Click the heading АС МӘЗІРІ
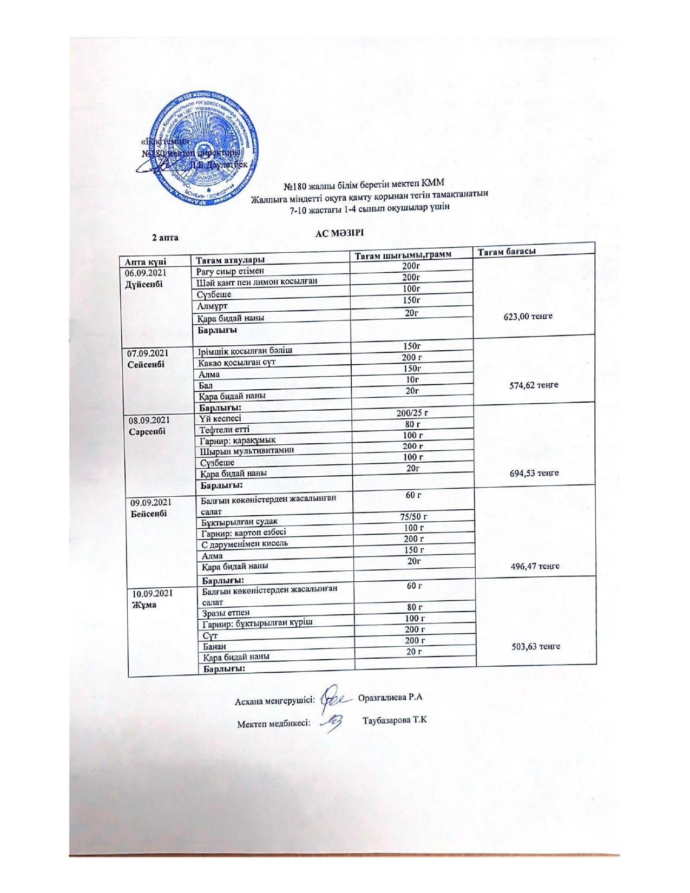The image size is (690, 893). [x=340, y=233]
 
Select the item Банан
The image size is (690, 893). [x=214, y=646]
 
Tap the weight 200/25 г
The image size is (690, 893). [x=413, y=413]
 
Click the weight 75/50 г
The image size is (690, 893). [x=412, y=517]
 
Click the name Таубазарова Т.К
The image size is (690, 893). [x=395, y=721]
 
